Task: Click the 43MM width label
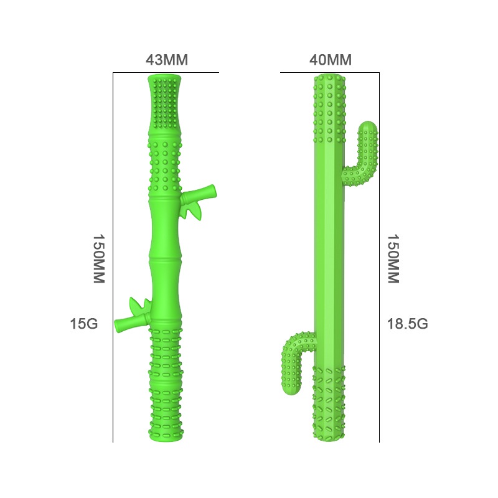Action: click(166, 60)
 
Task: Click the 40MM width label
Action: click(331, 60)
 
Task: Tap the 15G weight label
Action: click(84, 324)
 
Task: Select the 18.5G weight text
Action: click(408, 324)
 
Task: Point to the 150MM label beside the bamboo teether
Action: click(98, 259)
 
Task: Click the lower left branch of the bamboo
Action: click(128, 322)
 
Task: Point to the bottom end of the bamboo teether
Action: click(167, 438)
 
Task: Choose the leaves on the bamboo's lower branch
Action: click(140, 306)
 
